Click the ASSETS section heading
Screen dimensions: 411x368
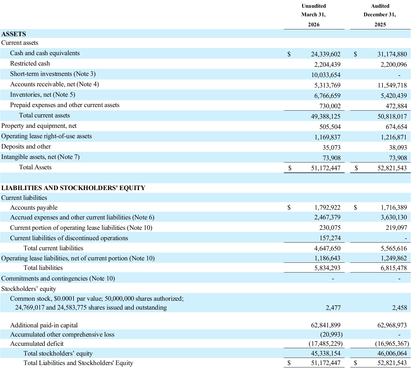pos(14,34)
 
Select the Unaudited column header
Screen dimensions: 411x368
pos(314,6)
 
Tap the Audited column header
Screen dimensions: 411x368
pos(380,6)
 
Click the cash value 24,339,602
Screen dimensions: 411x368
pos(326,54)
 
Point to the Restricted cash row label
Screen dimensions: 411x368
pos(30,63)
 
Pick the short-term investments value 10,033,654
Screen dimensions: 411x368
pos(326,75)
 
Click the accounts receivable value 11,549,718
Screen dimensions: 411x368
pos(392,85)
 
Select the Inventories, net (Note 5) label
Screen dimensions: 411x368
pos(43,95)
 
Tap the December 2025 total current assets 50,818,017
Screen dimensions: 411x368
pos(392,116)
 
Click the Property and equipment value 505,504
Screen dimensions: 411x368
pos(330,127)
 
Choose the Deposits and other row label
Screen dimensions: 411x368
pos(26,146)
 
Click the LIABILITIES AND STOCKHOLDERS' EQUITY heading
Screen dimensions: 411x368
pos(73,188)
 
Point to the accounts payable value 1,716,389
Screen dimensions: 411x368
pos(394,207)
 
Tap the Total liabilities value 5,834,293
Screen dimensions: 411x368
pos(327,268)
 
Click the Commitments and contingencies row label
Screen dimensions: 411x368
pos(58,278)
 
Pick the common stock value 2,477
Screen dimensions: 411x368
pos(333,308)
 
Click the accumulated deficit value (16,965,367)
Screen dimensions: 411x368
pos(392,344)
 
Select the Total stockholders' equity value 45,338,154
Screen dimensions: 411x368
pos(326,353)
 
